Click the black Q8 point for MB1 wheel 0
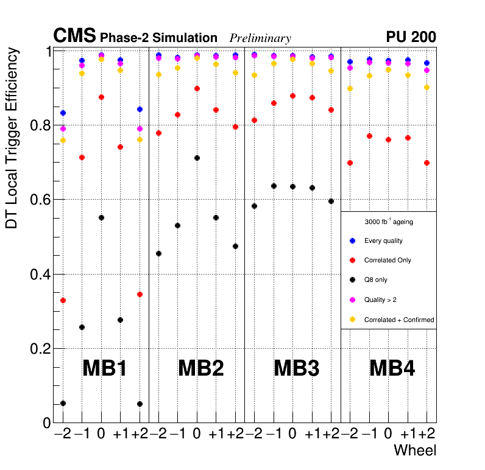(x=101, y=218)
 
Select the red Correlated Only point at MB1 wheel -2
(x=63, y=301)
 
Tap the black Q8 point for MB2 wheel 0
(x=197, y=158)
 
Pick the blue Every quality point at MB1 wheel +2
(x=140, y=110)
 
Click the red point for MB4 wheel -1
(x=369, y=136)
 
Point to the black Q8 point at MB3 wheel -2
(x=254, y=206)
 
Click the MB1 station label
(x=104, y=368)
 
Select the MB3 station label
(x=296, y=368)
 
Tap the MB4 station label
(x=392, y=368)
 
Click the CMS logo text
(x=75, y=37)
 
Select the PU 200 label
(x=411, y=37)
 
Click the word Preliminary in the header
(x=260, y=38)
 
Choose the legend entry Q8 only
(x=375, y=280)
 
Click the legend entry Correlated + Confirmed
(x=398, y=320)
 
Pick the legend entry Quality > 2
(x=380, y=300)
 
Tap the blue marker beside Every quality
(x=352, y=240)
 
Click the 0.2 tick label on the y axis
(x=40, y=349)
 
